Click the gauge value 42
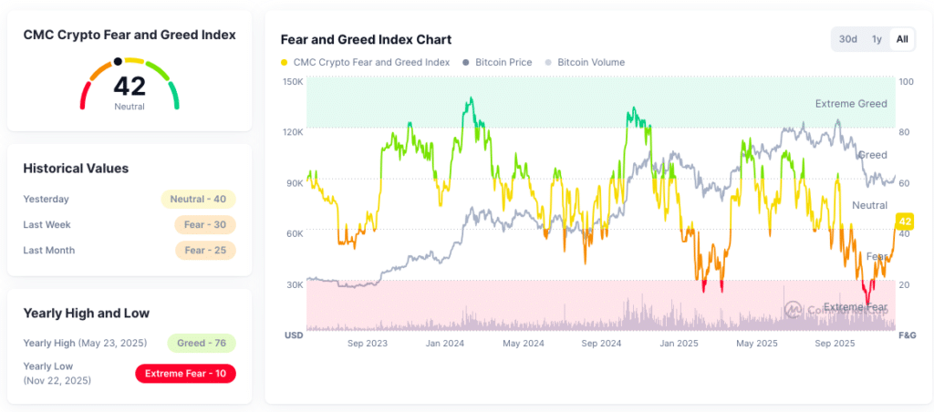click(x=130, y=87)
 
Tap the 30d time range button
click(x=847, y=39)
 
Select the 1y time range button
click(x=876, y=39)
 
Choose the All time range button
click(x=901, y=39)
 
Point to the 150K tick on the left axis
click(x=292, y=81)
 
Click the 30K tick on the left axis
click(x=293, y=284)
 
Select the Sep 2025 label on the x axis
click(x=835, y=344)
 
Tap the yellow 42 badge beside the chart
click(x=905, y=221)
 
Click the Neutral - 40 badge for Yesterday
click(x=198, y=199)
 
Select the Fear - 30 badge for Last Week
click(x=204, y=224)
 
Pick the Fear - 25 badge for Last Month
click(x=204, y=250)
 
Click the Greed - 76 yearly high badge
click(x=201, y=343)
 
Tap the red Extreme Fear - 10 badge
click(x=185, y=373)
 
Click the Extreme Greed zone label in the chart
click(x=850, y=104)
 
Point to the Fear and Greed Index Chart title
click(x=366, y=39)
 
